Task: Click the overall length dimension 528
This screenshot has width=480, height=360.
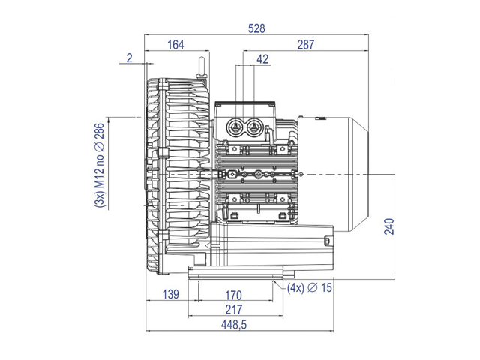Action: click(x=256, y=28)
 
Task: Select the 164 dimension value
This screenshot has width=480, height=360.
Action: click(x=175, y=45)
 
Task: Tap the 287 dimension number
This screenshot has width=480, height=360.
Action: click(x=306, y=45)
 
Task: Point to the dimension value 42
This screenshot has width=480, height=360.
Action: click(x=262, y=59)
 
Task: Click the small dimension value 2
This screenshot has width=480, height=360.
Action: click(x=130, y=58)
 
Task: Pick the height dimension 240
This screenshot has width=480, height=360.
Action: click(x=389, y=226)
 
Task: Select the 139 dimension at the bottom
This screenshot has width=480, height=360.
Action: click(x=170, y=294)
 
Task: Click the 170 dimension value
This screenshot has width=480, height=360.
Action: click(x=233, y=295)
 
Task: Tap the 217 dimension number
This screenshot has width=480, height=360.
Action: click(x=234, y=310)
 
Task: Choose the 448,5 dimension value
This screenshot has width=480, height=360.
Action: click(x=234, y=325)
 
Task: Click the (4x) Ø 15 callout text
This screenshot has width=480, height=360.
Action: click(x=310, y=288)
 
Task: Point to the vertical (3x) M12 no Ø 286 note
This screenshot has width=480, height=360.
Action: click(x=100, y=166)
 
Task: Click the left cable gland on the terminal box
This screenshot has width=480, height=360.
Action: click(x=235, y=126)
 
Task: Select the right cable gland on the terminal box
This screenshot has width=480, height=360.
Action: click(x=253, y=126)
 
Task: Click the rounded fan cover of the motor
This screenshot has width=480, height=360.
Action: click(x=333, y=174)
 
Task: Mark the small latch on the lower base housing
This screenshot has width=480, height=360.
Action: click(x=327, y=240)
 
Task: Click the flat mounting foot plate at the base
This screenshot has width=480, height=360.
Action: click(x=235, y=272)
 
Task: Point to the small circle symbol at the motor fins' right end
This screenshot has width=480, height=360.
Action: click(x=301, y=174)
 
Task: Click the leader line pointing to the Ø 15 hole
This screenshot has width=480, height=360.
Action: click(x=280, y=285)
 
